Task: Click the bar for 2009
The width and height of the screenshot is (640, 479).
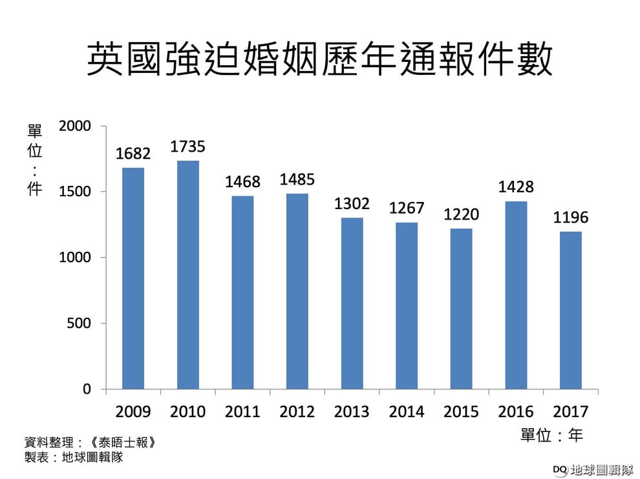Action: [x=133, y=278]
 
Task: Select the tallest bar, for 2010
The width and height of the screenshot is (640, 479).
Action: [x=187, y=275]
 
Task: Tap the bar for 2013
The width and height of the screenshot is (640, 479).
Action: [x=352, y=303]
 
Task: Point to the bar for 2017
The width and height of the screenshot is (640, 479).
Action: [x=570, y=311]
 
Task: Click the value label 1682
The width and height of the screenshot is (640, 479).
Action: [x=133, y=154]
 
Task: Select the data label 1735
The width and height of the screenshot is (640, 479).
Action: [x=187, y=147]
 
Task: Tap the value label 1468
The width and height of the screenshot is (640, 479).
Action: [x=242, y=182]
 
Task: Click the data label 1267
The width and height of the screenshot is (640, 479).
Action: [x=407, y=208]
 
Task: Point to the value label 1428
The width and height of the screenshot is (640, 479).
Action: [x=516, y=187]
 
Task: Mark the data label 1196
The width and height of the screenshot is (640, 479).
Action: [x=571, y=218]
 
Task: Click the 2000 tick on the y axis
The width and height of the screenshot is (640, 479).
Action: [x=75, y=126]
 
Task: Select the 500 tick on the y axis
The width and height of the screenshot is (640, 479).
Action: [x=79, y=323]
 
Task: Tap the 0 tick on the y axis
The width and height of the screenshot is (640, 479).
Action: [x=86, y=389]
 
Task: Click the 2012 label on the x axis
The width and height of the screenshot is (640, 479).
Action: [x=297, y=411]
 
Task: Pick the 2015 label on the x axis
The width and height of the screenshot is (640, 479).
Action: [x=462, y=411]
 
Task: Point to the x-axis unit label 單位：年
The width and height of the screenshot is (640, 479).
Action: [x=551, y=436]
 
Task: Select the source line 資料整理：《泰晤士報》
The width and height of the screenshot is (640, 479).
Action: [x=91, y=443]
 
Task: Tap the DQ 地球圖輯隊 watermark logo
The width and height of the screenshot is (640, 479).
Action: [x=592, y=469]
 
